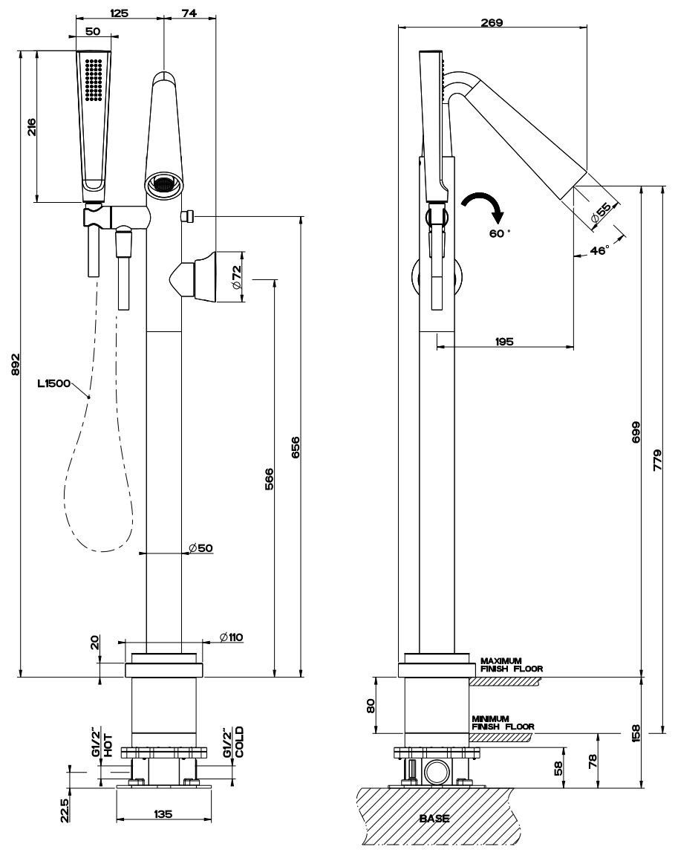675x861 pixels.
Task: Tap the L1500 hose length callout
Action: pos(53,384)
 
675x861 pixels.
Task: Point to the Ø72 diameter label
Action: pos(235,276)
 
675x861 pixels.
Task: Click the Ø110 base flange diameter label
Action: pos(232,637)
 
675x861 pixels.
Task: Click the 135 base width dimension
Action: pos(163,813)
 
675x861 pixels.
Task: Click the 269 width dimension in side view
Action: pos(492,22)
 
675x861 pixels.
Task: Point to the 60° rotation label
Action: pos(499,233)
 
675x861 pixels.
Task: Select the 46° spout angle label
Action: pos(599,251)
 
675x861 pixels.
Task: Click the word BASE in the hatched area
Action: pos(434,818)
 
